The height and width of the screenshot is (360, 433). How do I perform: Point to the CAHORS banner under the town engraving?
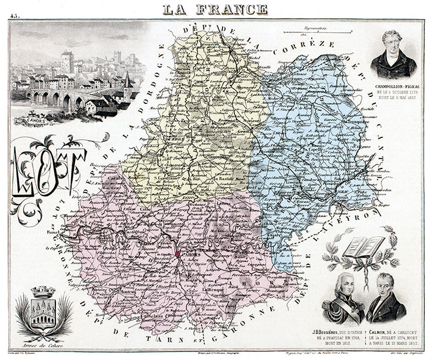(x=39, y=121)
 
